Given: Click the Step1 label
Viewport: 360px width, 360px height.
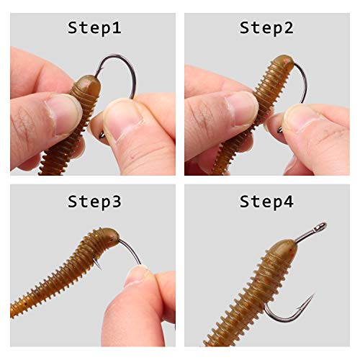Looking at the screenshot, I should [94, 28].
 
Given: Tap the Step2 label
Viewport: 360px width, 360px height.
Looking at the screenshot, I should [266, 28].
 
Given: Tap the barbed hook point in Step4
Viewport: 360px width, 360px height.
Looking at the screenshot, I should [310, 297].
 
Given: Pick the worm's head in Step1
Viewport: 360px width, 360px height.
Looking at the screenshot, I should [85, 86].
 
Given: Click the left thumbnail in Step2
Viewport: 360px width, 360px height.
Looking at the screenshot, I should [241, 108].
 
